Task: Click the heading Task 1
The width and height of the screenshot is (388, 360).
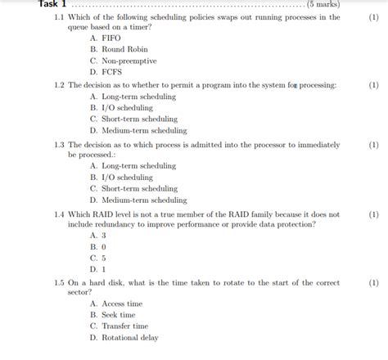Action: (x=52, y=4)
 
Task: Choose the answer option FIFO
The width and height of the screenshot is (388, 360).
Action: (x=111, y=38)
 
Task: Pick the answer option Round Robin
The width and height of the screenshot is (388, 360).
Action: (x=124, y=50)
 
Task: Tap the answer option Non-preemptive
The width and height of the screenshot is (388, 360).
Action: (x=129, y=61)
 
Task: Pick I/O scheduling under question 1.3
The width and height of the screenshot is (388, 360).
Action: (x=127, y=178)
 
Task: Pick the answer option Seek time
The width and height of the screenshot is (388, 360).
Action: (x=119, y=315)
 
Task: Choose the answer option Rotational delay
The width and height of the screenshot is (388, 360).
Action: (x=129, y=338)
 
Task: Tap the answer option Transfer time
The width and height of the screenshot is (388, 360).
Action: (x=125, y=326)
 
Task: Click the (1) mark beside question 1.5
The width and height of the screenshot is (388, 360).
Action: (x=373, y=283)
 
